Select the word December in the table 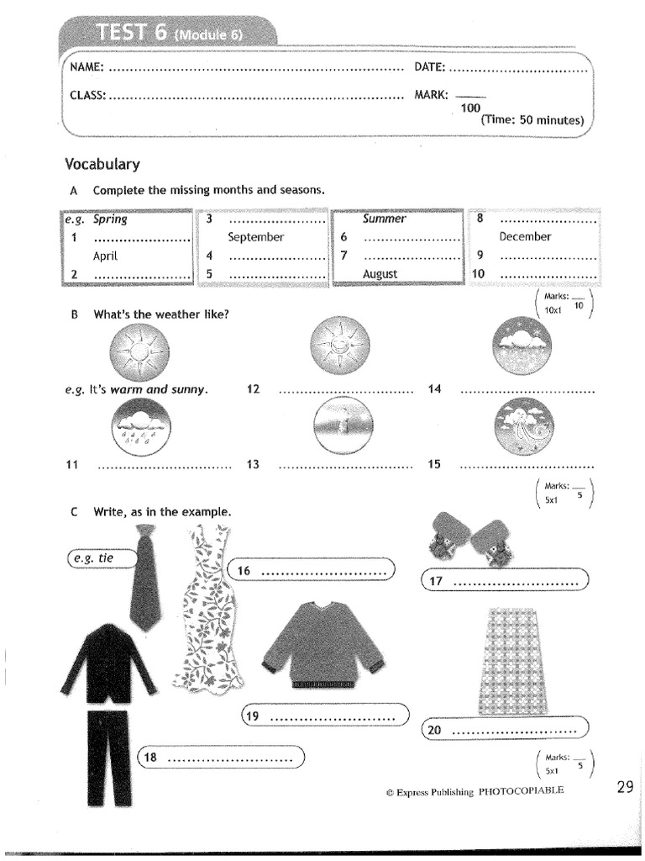(525, 237)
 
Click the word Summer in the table (384, 219)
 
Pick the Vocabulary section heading (102, 164)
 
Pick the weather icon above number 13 (340, 425)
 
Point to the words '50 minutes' (550, 120)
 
